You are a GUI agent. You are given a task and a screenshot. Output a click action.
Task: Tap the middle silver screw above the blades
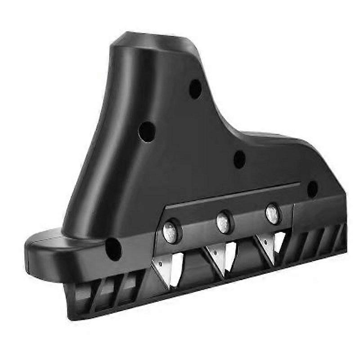[x=224, y=222]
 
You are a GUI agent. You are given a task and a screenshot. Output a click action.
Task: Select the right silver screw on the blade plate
[x=272, y=213]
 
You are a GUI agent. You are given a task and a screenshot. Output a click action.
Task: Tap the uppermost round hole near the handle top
[x=195, y=89]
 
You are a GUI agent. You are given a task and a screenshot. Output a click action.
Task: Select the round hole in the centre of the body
[x=239, y=159]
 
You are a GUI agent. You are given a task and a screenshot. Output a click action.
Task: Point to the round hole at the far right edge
[x=312, y=189]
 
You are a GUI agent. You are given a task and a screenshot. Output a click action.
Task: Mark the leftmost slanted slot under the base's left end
[x=81, y=292]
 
